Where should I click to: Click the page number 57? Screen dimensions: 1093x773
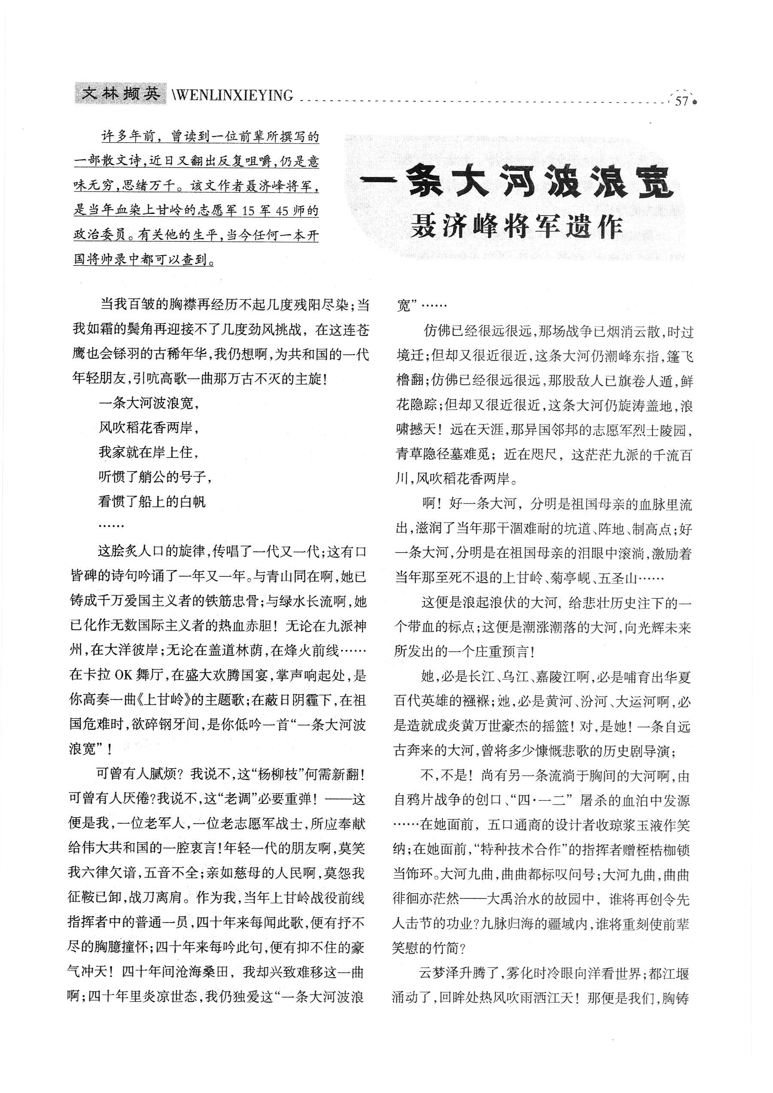pos(681,101)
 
